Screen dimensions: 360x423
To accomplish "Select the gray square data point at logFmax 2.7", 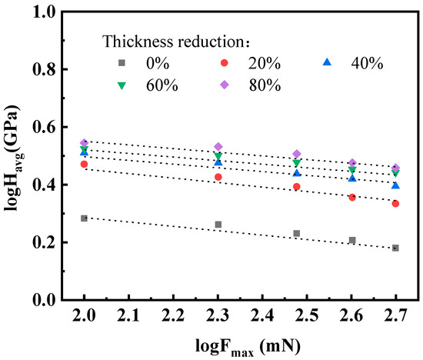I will tap(395, 248).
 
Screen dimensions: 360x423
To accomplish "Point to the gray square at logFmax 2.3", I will tap(218, 225).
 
